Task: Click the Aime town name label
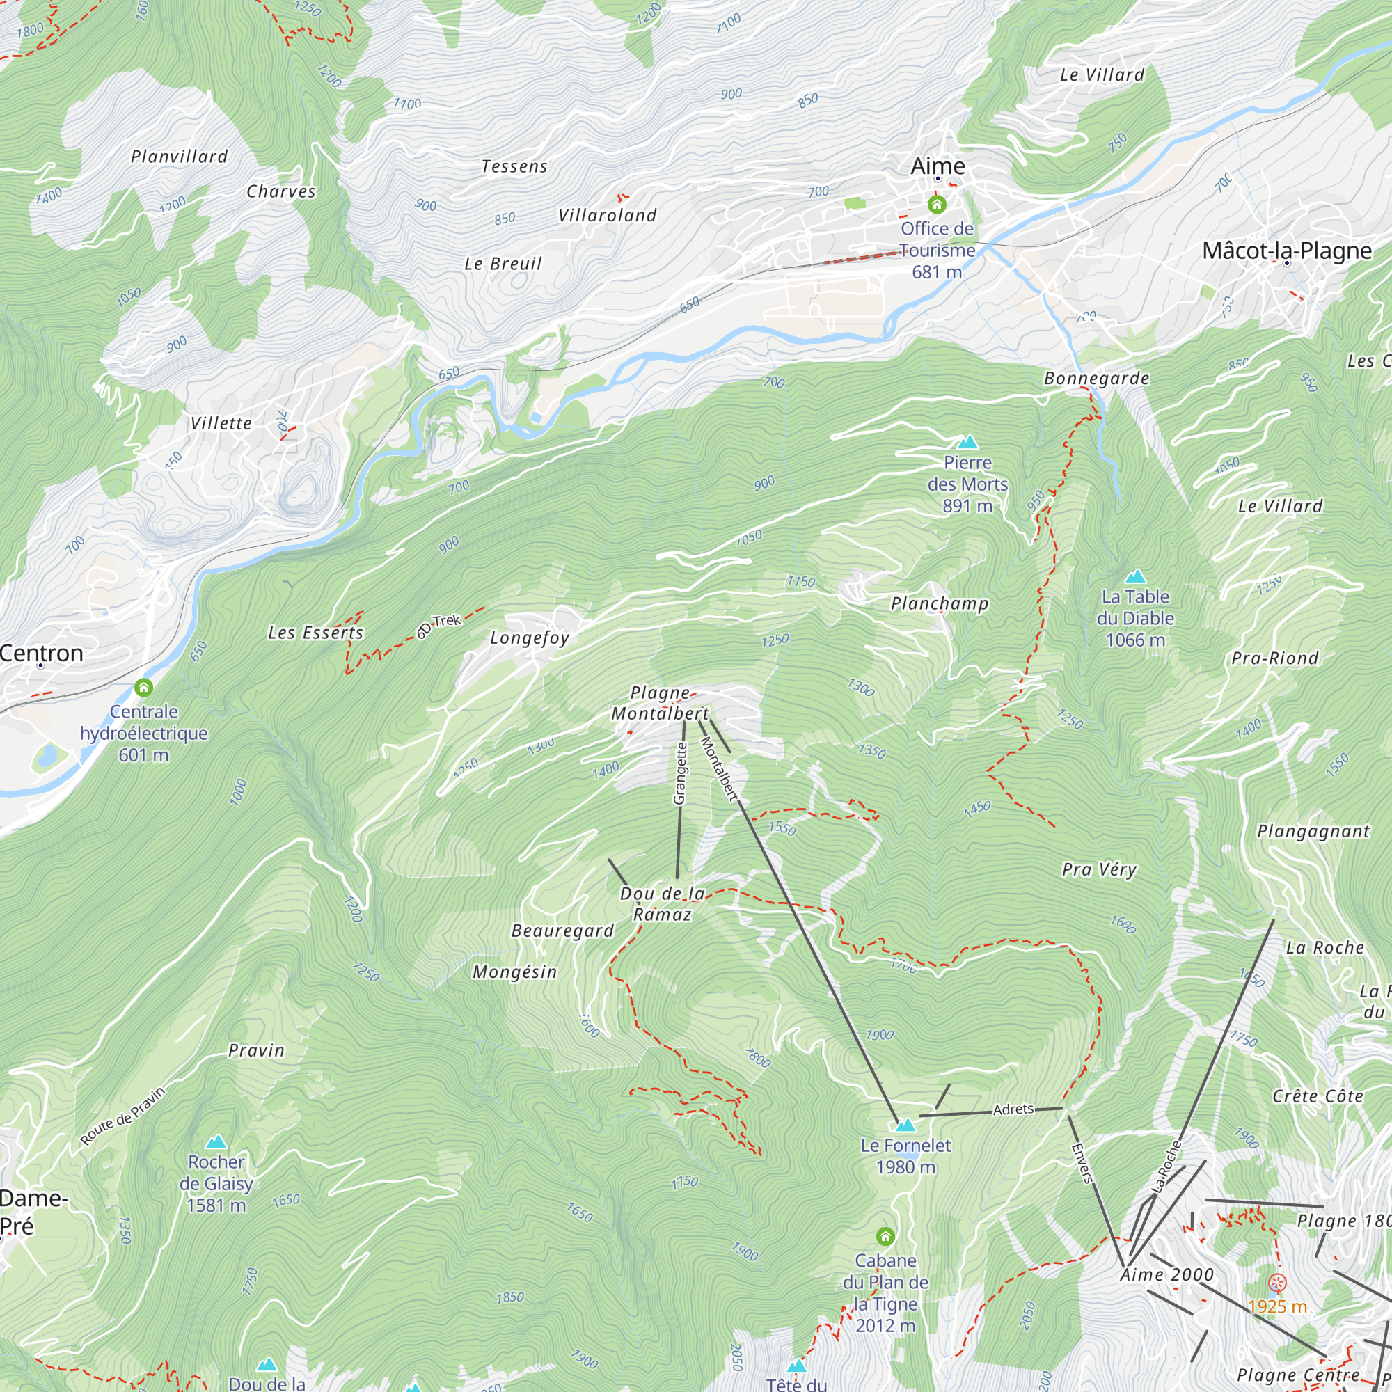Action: [x=938, y=166]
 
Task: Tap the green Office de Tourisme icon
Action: [x=937, y=205]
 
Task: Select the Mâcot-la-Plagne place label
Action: [x=1287, y=251]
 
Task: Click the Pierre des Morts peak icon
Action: [x=967, y=442]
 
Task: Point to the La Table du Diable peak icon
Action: [x=1134, y=576]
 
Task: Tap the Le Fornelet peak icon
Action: [x=905, y=1125]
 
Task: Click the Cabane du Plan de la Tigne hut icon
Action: [x=885, y=1237]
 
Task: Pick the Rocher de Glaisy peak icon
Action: [x=216, y=1142]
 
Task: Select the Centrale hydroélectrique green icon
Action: [x=143, y=688]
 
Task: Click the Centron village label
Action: [x=42, y=653]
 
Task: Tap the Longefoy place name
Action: [x=530, y=638]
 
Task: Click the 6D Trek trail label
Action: [x=438, y=626]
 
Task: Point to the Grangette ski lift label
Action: [x=679, y=773]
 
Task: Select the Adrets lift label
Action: [x=1013, y=1109]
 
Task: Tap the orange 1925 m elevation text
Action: [x=1277, y=1306]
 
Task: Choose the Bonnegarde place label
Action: [x=1097, y=378]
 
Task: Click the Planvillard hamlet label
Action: [x=180, y=157]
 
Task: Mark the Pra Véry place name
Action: [x=1099, y=869]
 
